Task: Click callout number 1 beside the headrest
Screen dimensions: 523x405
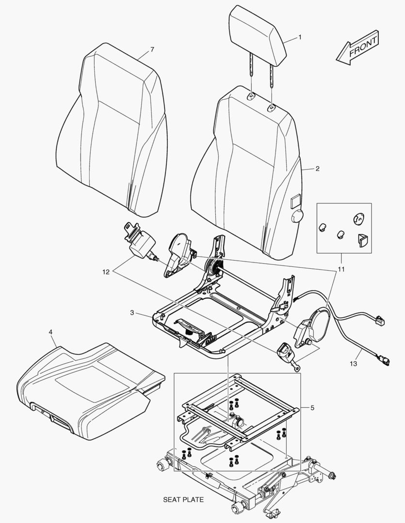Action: pos(300,37)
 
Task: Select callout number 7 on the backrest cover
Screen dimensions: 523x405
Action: pos(152,50)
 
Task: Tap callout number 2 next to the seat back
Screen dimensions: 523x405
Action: pos(317,169)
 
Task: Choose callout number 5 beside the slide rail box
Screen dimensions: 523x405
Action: pos(312,408)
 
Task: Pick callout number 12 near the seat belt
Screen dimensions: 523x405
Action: pos(106,272)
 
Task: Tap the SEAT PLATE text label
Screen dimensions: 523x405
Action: pos(183,500)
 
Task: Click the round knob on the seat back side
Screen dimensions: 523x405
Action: pos(296,216)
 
